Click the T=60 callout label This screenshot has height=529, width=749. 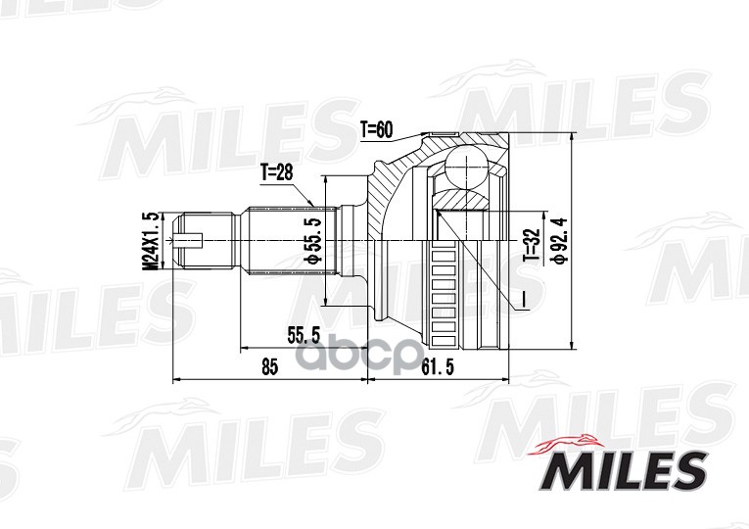click(x=376, y=129)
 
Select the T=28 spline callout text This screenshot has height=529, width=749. click(x=276, y=172)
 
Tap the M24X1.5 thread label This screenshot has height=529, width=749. click(x=152, y=241)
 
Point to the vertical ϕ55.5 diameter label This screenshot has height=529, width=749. click(x=313, y=240)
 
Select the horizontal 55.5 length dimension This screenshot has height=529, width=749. click(x=304, y=335)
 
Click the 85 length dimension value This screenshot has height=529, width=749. click(x=269, y=367)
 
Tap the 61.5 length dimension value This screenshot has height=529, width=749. click(x=438, y=367)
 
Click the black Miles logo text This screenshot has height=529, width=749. click(x=624, y=470)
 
